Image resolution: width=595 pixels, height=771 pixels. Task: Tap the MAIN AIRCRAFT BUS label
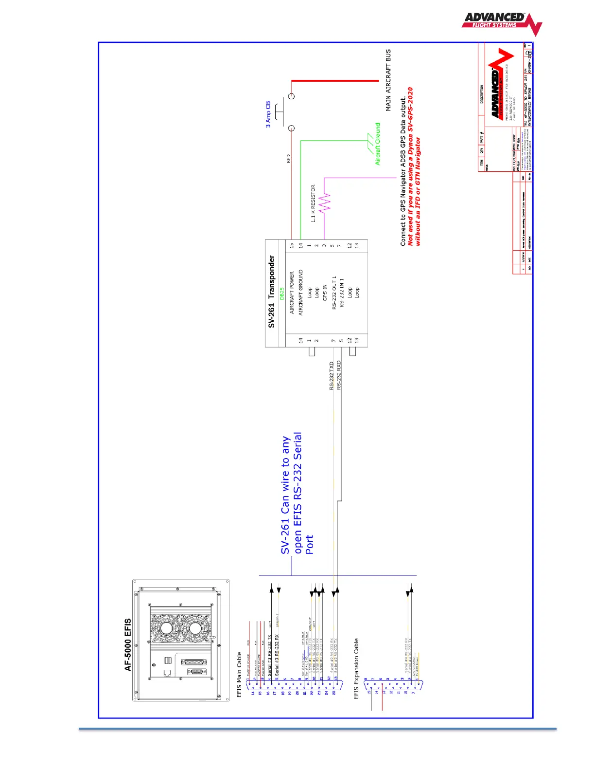[x=388, y=80]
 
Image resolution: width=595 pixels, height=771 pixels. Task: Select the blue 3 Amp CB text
[x=268, y=115]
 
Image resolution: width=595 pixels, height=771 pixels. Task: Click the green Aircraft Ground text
[x=378, y=144]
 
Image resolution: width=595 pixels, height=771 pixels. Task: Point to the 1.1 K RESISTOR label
[x=314, y=203]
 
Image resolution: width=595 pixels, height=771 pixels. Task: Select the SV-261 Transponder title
[x=272, y=292]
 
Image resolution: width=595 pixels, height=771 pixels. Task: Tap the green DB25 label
[x=281, y=294]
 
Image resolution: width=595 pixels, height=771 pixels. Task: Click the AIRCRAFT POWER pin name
[x=292, y=293]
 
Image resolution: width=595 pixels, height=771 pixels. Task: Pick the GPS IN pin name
[x=325, y=293]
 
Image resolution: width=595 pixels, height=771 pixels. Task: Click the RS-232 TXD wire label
[x=332, y=376]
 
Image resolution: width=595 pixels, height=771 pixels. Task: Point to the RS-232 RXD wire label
[x=339, y=375]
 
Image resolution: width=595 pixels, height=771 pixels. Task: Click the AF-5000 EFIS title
[x=128, y=645]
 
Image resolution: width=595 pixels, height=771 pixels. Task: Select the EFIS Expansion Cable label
[x=356, y=669]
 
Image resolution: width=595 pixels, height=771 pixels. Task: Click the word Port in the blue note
[x=310, y=545]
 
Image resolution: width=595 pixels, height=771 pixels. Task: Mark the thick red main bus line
[x=334, y=80]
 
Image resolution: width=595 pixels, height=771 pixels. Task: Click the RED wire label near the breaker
[x=288, y=159]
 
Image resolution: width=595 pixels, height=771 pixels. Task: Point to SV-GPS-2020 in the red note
[x=410, y=110]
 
